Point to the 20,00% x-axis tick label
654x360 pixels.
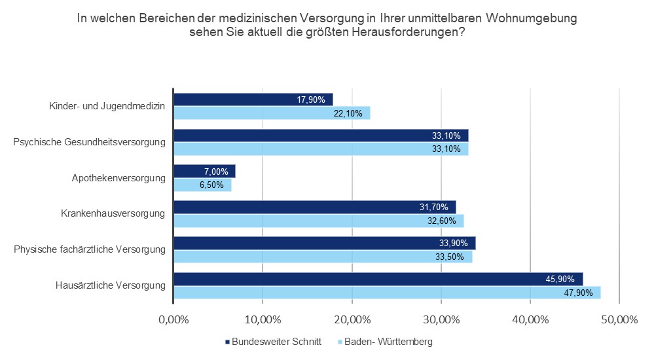pos(352,320)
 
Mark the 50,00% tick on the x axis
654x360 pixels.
pos(619,320)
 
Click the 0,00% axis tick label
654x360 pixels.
pos(173,320)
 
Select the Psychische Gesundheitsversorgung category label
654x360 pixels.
pos(89,141)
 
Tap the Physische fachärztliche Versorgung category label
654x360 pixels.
pos(88,249)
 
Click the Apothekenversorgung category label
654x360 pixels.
pos(119,177)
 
